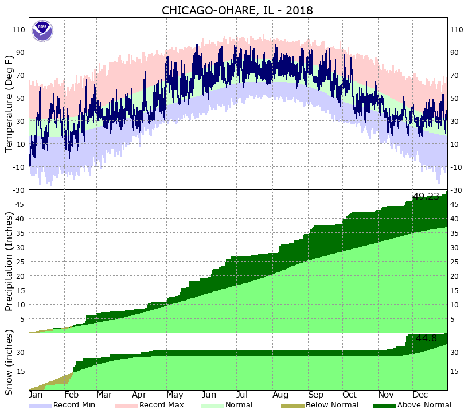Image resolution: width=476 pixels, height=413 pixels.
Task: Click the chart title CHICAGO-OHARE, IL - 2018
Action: point(238,10)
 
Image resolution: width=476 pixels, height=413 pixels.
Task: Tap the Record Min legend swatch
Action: point(40,405)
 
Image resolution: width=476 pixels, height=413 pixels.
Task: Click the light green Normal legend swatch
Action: point(213,405)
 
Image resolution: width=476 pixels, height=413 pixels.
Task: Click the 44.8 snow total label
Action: point(427,338)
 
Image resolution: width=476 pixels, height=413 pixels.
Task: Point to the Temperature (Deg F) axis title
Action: point(9,103)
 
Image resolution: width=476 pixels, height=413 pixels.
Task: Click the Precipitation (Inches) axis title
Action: point(9,261)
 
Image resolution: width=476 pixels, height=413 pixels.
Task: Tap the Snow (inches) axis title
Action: point(9,362)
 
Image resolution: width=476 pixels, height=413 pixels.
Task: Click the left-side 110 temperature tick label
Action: point(18,29)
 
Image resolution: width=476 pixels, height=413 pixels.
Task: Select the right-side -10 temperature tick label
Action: point(457,167)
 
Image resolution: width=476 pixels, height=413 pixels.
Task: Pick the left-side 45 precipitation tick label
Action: point(21,204)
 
